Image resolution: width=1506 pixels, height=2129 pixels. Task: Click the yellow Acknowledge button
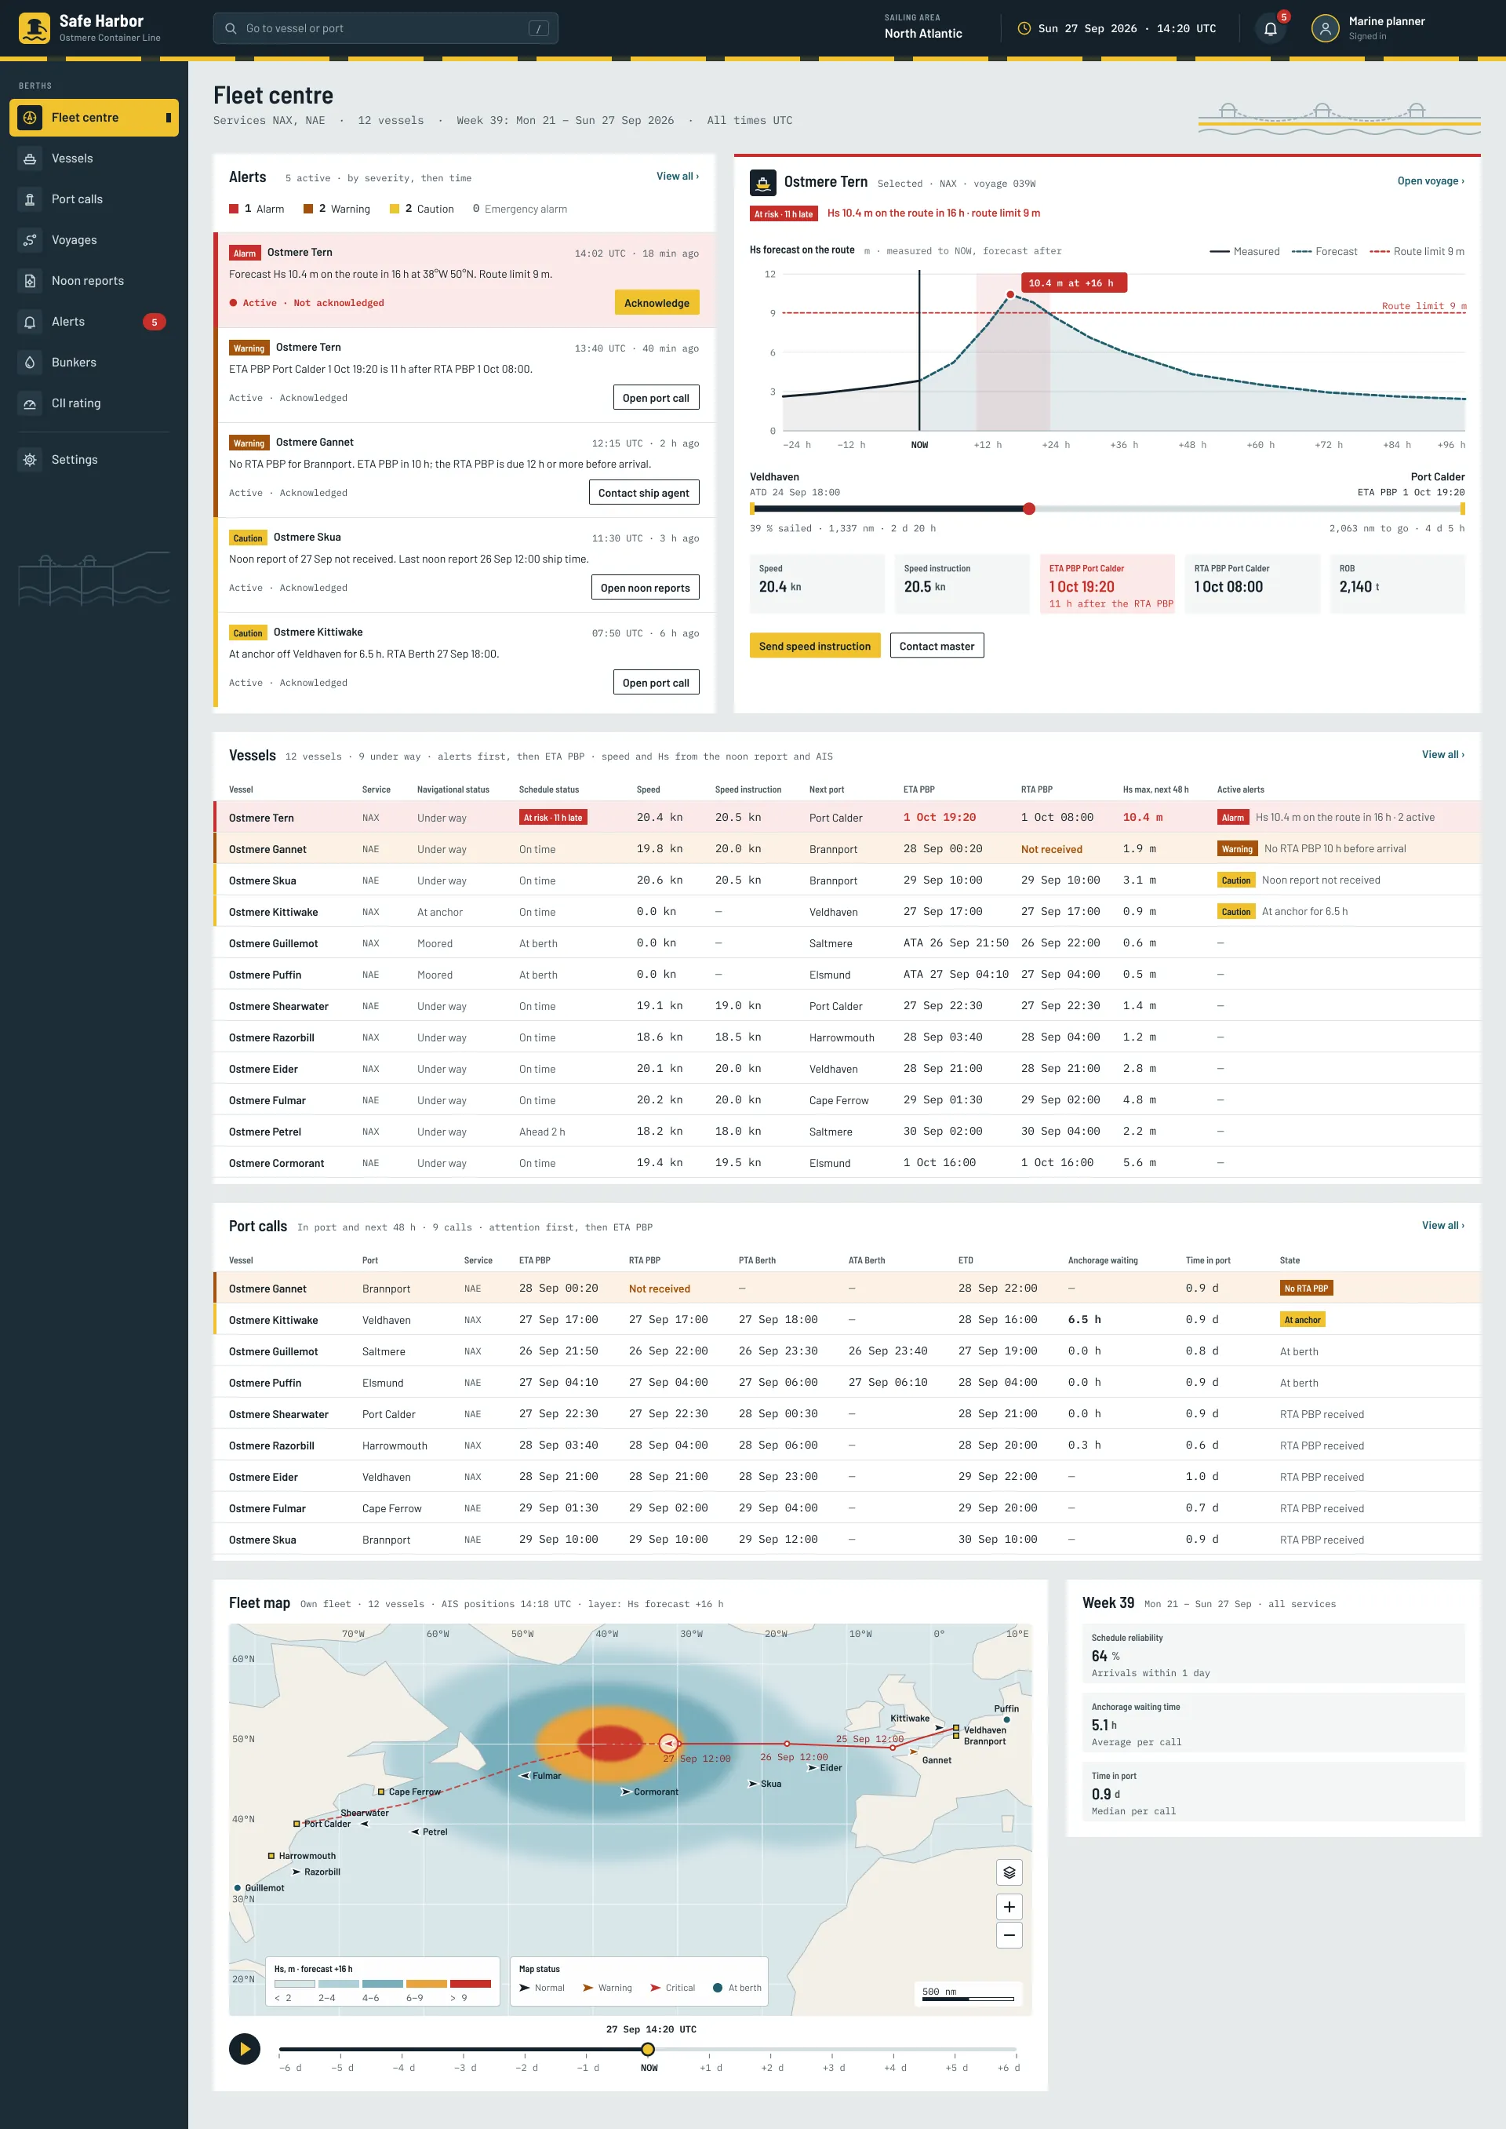657,302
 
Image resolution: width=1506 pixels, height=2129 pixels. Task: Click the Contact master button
937,646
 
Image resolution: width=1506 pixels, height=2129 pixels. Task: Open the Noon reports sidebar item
87,280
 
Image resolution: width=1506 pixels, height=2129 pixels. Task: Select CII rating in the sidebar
76,403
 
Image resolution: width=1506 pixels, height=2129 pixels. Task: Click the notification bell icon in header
1271,29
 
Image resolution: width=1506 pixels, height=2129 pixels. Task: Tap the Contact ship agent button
643,493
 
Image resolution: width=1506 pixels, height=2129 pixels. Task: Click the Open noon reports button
646,587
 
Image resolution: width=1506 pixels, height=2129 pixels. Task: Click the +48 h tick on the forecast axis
1191,444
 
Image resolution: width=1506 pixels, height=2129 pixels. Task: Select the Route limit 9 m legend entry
1417,251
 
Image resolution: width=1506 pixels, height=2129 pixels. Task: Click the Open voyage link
1430,181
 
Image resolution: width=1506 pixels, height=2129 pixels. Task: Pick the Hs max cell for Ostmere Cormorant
1139,1162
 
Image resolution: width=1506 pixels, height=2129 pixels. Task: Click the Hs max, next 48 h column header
1155,789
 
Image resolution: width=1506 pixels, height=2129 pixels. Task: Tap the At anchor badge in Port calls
1302,1319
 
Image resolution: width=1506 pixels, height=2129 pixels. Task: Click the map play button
245,2048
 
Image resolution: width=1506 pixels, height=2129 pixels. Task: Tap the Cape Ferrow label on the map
414,1792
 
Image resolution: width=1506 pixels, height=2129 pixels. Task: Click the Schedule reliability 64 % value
1104,1656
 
